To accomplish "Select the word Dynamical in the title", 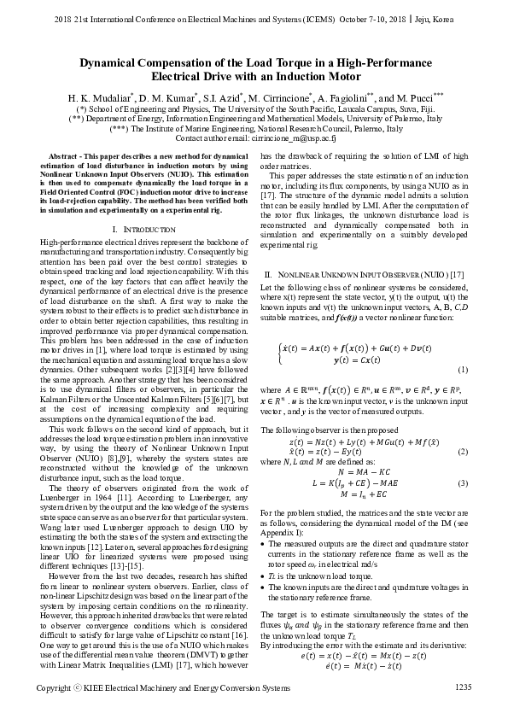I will click(x=114, y=62).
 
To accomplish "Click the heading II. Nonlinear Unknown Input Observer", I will click(x=364, y=249).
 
